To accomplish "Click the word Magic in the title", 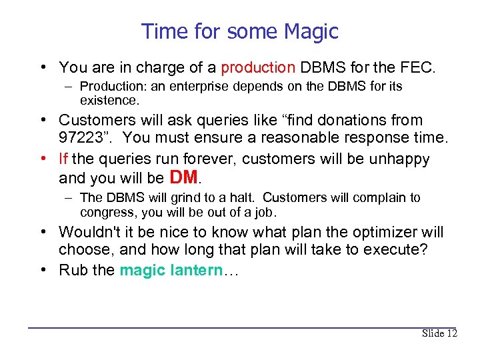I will [311, 31].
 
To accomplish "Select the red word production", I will [258, 67].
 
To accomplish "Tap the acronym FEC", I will [418, 67].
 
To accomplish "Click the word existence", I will [109, 101].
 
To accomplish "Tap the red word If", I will [63, 159].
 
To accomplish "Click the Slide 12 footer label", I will [439, 333].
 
